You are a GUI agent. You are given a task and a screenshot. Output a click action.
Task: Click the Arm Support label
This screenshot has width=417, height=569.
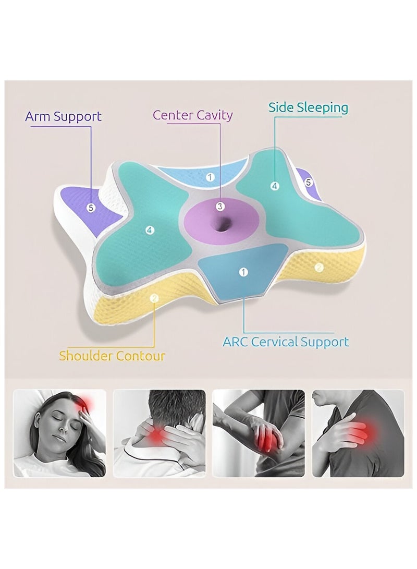tap(63, 116)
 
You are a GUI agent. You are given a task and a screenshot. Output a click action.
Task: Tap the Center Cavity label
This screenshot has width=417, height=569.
tap(192, 115)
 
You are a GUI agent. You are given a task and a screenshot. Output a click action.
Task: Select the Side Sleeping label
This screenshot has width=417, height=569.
tap(308, 108)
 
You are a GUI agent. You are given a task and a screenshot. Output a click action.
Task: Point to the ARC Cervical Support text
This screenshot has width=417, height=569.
tap(286, 342)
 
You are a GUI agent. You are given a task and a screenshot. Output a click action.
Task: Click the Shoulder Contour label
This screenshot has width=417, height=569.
tap(112, 356)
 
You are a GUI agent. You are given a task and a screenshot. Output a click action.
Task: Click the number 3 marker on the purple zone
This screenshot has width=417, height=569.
tap(220, 207)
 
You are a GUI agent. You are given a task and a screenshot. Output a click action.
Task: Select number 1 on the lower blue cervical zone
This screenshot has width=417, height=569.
tap(243, 272)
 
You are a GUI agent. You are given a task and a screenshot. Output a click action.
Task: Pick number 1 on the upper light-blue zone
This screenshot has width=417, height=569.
tap(210, 177)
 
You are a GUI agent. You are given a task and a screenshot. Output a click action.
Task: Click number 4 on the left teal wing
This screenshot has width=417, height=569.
tap(150, 230)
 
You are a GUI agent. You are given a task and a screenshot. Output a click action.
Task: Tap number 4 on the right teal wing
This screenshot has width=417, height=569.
tap(275, 186)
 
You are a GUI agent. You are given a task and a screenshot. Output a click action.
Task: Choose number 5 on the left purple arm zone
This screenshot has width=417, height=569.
tap(91, 208)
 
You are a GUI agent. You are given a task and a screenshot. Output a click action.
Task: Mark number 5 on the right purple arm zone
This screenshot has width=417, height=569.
tap(308, 182)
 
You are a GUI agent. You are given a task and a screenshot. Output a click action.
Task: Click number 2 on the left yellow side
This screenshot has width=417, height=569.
tap(154, 298)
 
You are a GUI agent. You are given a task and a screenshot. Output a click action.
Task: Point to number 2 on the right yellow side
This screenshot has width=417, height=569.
tap(319, 268)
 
